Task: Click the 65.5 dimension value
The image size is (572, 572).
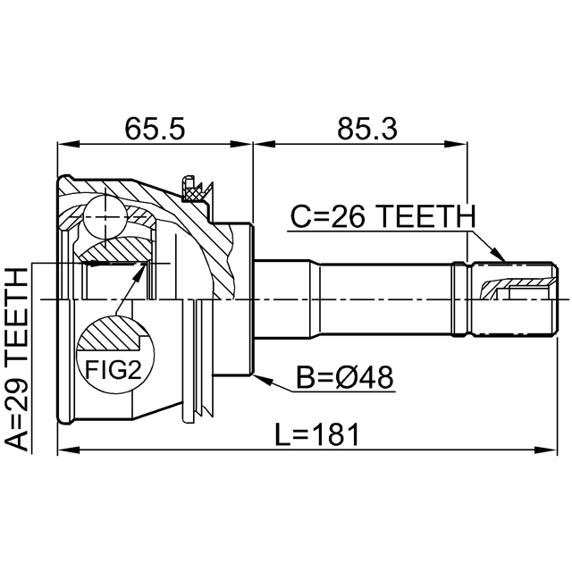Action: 155,129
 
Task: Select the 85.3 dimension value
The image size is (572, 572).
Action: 367,129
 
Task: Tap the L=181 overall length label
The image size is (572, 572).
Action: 317,435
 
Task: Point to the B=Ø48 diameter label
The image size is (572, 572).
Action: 345,377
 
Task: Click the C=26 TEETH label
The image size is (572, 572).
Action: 383,216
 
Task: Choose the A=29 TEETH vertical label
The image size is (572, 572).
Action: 17,359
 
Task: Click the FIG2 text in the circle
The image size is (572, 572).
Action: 114,369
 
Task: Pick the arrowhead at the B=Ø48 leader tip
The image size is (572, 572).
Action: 262,379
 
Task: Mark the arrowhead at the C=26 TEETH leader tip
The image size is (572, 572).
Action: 499,254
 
